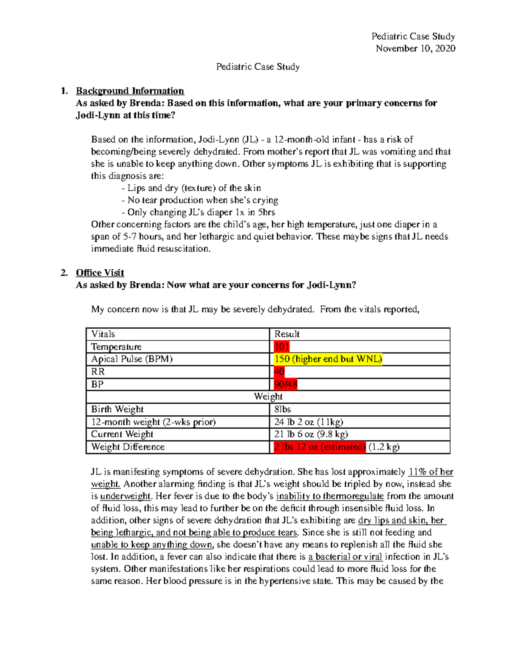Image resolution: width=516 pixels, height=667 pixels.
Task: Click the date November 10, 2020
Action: pyautogui.click(x=415, y=49)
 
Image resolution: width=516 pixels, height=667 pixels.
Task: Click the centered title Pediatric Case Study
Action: pyautogui.click(x=258, y=67)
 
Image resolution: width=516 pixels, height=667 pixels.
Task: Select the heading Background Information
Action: pyautogui.click(x=130, y=91)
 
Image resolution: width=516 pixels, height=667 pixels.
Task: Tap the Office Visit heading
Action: pyautogui.click(x=100, y=273)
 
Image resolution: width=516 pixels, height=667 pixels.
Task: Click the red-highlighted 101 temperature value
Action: pyautogui.click(x=282, y=347)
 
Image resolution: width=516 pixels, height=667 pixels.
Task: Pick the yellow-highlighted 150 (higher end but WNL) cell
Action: pyautogui.click(x=328, y=359)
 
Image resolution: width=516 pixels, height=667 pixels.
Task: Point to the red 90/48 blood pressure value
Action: pyautogui.click(x=286, y=384)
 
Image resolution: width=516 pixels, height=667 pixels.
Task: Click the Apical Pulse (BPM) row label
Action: pyautogui.click(x=132, y=359)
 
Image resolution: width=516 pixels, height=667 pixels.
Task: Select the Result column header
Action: pyautogui.click(x=287, y=334)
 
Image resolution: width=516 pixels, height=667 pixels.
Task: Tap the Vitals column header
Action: pyautogui.click(x=103, y=334)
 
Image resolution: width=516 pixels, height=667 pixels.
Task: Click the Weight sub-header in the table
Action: pyautogui.click(x=268, y=396)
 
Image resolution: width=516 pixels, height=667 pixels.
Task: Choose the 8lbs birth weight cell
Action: pyautogui.click(x=283, y=409)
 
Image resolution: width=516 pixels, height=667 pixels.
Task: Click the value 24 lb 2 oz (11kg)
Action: pyautogui.click(x=308, y=422)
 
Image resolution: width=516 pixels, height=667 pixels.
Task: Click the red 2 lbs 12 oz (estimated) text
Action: pyautogui.click(x=319, y=447)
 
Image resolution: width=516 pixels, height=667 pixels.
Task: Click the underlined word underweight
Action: pyautogui.click(x=125, y=496)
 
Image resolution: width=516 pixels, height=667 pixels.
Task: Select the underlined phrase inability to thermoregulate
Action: pyautogui.click(x=330, y=496)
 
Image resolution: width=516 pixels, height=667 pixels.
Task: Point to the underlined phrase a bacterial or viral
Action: pyautogui.click(x=345, y=557)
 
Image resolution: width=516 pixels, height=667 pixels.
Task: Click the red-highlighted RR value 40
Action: pyautogui.click(x=279, y=372)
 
